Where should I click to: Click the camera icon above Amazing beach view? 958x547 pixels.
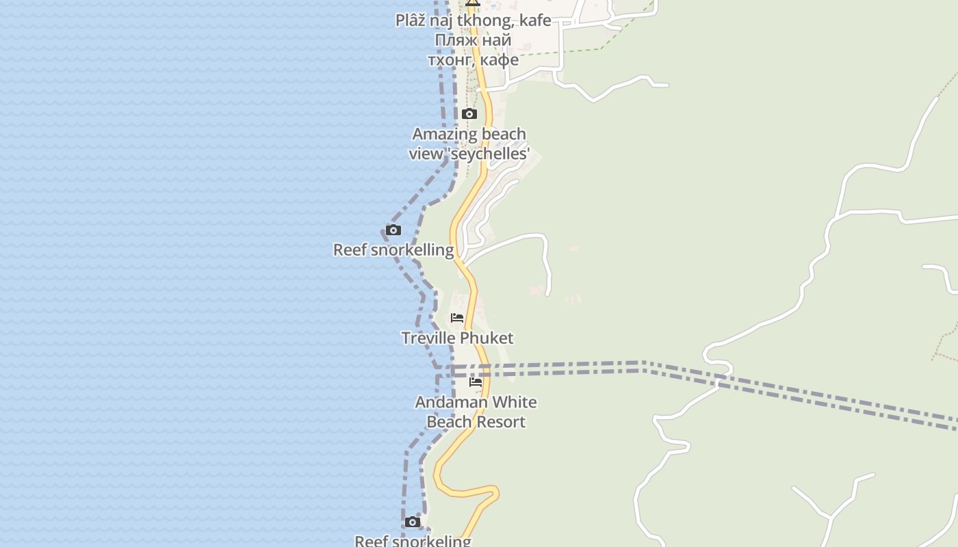pyautogui.click(x=469, y=114)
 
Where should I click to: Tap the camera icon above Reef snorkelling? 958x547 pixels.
pyautogui.click(x=393, y=230)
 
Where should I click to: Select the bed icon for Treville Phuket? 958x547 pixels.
pyautogui.click(x=457, y=318)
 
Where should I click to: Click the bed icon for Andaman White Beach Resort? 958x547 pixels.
pyautogui.click(x=476, y=382)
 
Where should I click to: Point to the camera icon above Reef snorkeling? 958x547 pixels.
pyautogui.click(x=412, y=522)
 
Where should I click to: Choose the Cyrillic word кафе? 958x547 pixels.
pyautogui.click(x=500, y=60)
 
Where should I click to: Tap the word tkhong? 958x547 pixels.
pyautogui.click(x=487, y=21)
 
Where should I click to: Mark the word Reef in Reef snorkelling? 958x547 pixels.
pyautogui.click(x=350, y=250)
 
